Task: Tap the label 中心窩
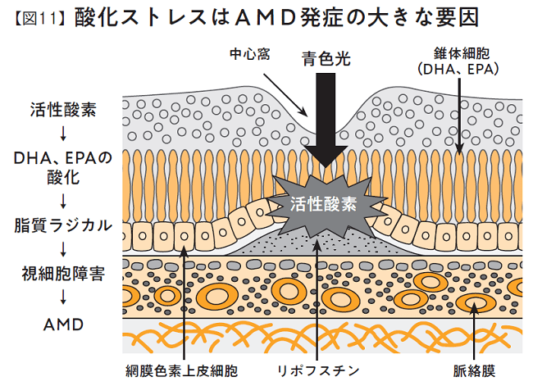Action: (x=252, y=55)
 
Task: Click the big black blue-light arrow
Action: (x=330, y=123)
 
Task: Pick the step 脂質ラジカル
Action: (x=61, y=224)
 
